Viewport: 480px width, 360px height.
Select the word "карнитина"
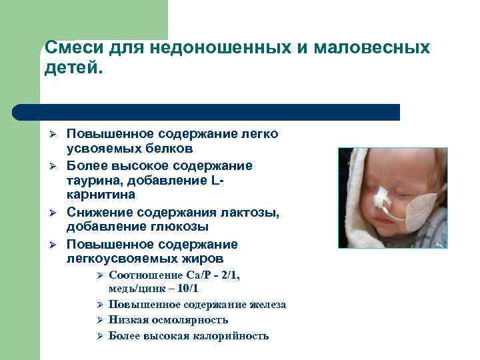point(100,195)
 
